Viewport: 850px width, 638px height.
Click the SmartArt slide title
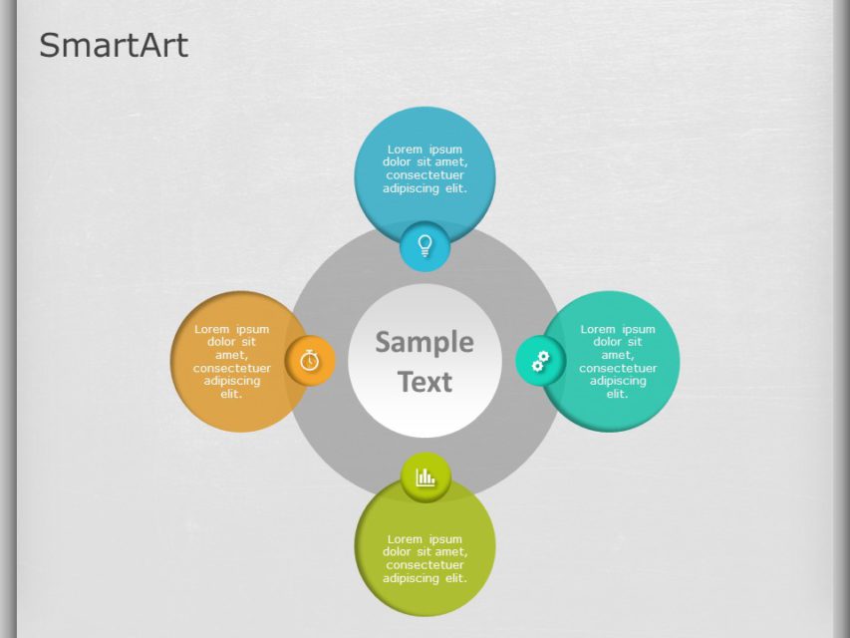tap(113, 45)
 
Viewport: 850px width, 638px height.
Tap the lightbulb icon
tap(425, 245)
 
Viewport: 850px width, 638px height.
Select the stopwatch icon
tap(310, 360)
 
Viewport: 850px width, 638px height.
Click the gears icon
tap(540, 361)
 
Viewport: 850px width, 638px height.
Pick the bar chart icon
tap(425, 477)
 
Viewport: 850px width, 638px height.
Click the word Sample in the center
tap(425, 342)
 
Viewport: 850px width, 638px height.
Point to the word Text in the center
tap(425, 382)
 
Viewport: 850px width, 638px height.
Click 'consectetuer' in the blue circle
tap(425, 175)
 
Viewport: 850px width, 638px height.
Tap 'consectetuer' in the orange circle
tap(232, 368)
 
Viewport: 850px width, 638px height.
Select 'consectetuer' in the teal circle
tap(618, 368)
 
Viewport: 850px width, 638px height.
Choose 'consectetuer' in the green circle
tap(425, 565)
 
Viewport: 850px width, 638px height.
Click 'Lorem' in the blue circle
tap(406, 150)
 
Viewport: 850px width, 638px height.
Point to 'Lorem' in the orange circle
tap(212, 329)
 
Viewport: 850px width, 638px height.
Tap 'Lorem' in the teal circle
tap(598, 329)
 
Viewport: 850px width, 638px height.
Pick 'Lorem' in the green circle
tap(406, 539)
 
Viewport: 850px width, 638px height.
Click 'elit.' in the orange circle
tap(232, 394)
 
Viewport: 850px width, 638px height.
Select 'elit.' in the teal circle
tap(618, 394)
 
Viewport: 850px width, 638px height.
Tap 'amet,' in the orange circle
tap(232, 355)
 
